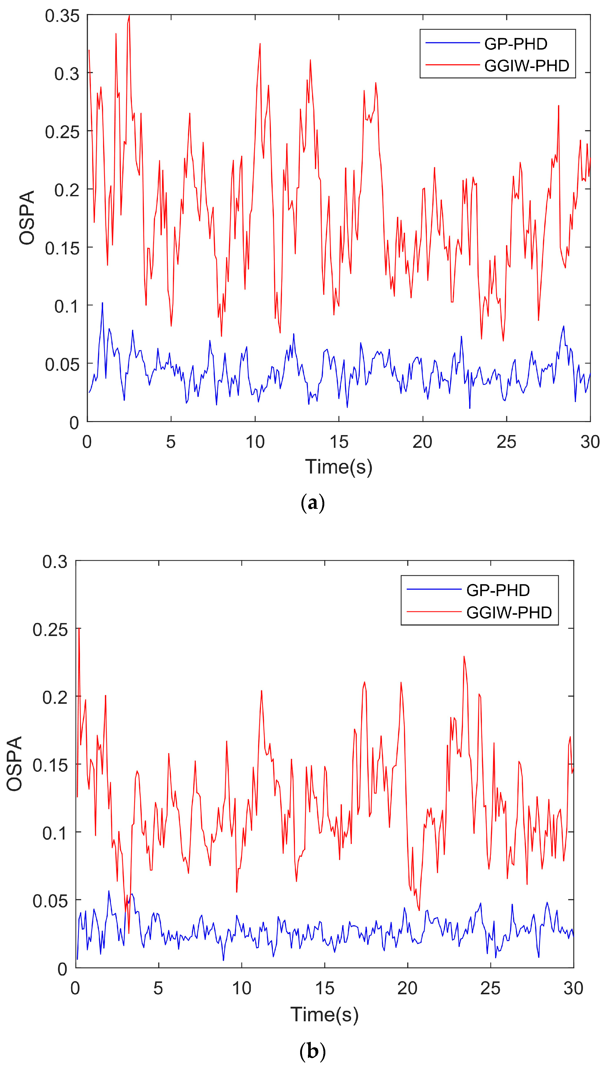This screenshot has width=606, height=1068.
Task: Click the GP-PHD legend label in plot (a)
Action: click(515, 44)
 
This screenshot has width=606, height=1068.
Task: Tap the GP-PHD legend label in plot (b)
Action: click(497, 590)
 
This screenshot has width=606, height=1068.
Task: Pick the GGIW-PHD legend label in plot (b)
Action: click(509, 612)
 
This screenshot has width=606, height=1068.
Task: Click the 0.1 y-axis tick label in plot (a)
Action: click(66, 306)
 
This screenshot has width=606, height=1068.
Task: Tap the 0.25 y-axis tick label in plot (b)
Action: click(50, 630)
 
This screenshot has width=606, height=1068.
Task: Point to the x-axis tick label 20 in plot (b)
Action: click(407, 988)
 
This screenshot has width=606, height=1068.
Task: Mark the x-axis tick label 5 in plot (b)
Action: click(158, 988)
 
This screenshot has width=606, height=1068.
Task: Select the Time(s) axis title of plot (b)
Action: click(324, 1014)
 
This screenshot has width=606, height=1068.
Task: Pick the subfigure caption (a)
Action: click(312, 503)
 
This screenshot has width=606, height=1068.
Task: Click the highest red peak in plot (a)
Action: click(129, 16)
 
